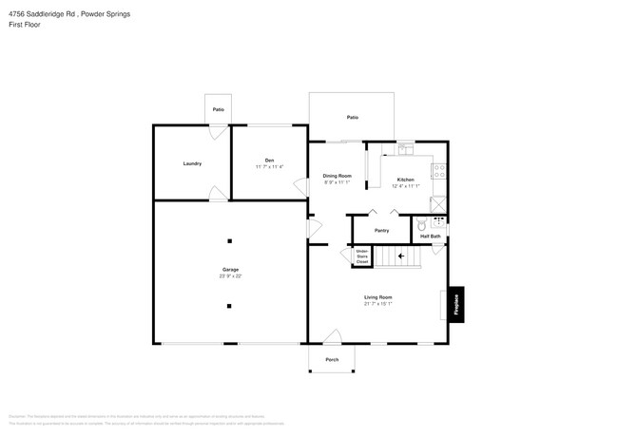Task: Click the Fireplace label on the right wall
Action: (456, 303)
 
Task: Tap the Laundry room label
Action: (192, 163)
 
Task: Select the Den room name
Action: (269, 160)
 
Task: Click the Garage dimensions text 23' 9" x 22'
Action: (230, 276)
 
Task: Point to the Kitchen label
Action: (405, 180)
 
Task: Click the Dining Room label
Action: (337, 176)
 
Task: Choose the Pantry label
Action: (381, 231)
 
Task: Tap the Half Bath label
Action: (431, 236)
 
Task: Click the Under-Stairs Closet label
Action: (362, 255)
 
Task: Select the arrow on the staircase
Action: (401, 256)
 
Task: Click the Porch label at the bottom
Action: (332, 359)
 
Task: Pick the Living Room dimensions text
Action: (377, 304)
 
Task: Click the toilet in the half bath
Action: (421, 224)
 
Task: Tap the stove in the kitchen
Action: (439, 172)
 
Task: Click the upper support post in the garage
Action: (229, 239)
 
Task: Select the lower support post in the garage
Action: (229, 306)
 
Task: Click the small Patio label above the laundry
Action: (219, 110)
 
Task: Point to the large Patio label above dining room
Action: (352, 117)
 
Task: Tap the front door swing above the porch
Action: (332, 336)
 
